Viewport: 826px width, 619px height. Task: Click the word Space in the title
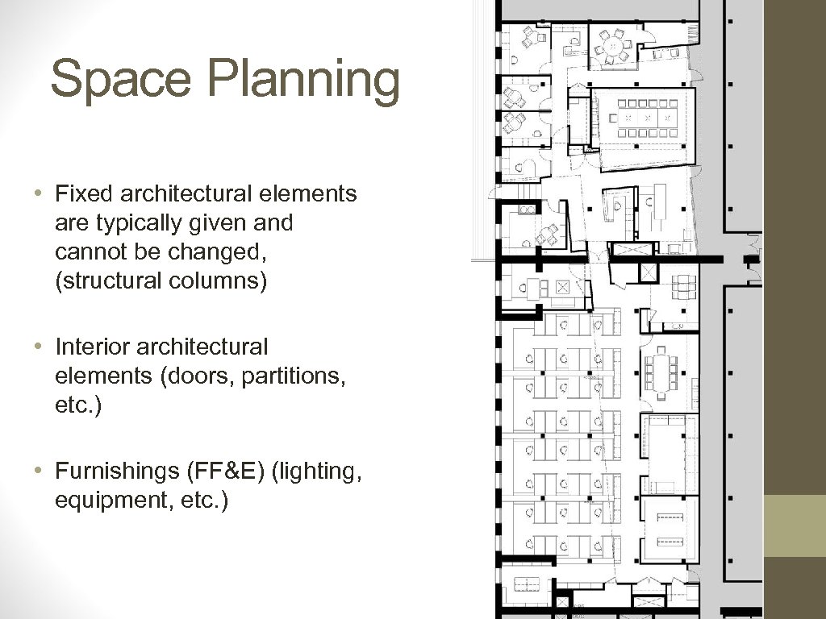[x=121, y=79]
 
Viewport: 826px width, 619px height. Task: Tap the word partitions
[x=290, y=376]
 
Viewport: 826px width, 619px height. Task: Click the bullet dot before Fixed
[x=37, y=193]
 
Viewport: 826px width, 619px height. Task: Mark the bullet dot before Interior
[x=37, y=347]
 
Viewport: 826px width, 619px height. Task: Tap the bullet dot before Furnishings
[x=37, y=470]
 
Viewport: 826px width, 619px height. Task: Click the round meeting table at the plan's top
[x=613, y=45]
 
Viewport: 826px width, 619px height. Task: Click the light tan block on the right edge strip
[x=795, y=526]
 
